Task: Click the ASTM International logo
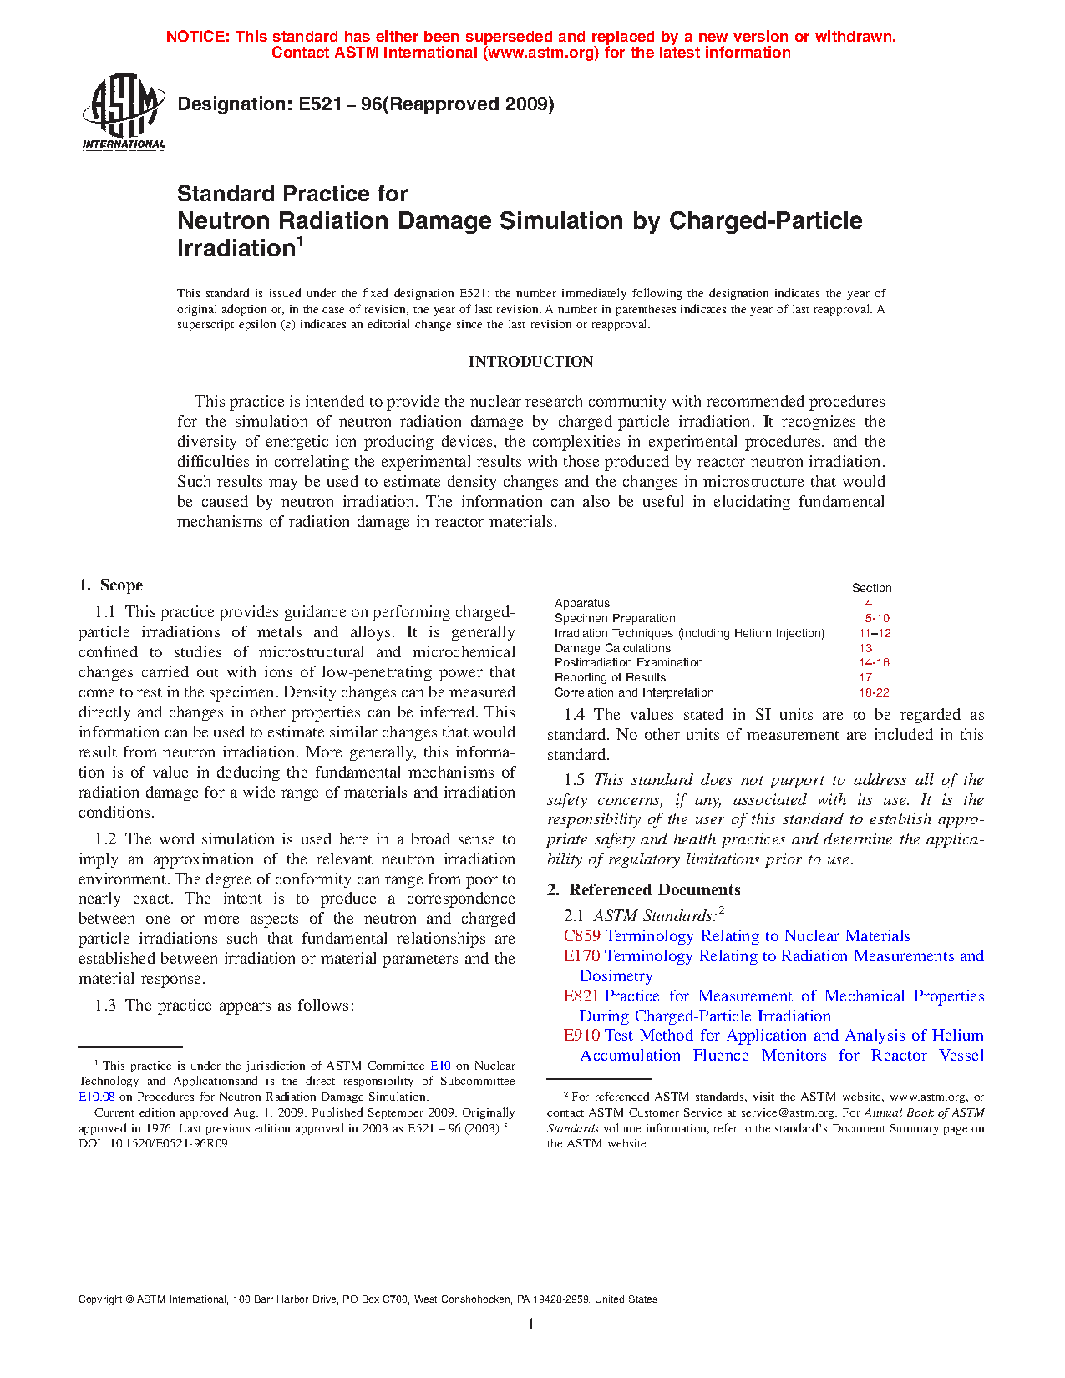(124, 111)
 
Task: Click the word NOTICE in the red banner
(197, 37)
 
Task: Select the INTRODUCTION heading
(530, 362)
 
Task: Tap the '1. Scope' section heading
(111, 585)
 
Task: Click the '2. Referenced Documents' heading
(644, 889)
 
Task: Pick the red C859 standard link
(582, 936)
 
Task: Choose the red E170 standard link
(581, 956)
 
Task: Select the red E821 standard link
(581, 996)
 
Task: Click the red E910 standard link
(581, 1036)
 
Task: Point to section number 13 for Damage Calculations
(865, 648)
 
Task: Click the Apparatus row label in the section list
(582, 603)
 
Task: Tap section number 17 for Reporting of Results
(865, 677)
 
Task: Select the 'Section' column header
(871, 588)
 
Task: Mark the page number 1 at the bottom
(531, 1324)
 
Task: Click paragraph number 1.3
(105, 1006)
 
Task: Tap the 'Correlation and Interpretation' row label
(634, 692)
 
